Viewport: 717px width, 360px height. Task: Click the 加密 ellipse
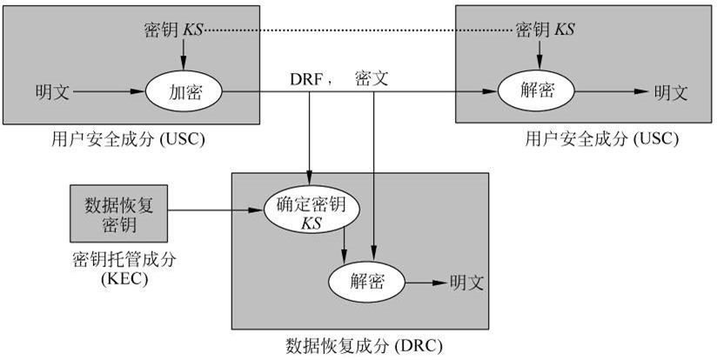(184, 90)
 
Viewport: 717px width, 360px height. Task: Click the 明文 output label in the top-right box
(671, 90)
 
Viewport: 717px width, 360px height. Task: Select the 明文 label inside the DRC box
(466, 282)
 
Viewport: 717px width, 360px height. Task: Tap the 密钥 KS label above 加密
(173, 30)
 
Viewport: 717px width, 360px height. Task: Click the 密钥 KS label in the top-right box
(546, 30)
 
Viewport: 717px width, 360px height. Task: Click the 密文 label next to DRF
(371, 78)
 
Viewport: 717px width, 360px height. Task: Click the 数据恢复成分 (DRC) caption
(364, 345)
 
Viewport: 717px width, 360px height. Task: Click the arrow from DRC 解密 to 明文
(426, 282)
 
